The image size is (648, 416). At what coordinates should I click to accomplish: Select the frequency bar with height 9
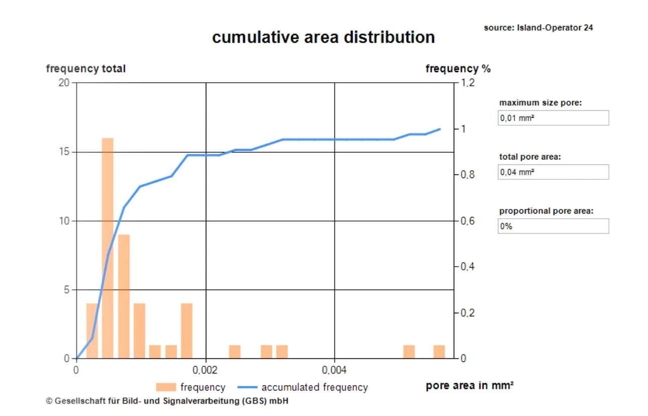(123, 296)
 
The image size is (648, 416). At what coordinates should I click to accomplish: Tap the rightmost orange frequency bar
(439, 352)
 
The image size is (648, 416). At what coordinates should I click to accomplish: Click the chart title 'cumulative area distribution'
(323, 38)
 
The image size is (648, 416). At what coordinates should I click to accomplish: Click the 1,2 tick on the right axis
(467, 83)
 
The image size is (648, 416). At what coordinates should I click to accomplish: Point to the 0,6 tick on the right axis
(467, 221)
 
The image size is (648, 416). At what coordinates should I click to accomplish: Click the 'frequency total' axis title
(86, 69)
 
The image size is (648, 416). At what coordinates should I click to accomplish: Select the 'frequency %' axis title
(458, 69)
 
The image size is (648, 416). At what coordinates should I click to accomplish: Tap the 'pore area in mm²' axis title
(469, 386)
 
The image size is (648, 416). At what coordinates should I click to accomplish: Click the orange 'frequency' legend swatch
(166, 387)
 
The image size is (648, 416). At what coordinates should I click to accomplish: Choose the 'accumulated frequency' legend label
(314, 387)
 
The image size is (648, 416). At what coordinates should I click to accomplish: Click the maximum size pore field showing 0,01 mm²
(553, 118)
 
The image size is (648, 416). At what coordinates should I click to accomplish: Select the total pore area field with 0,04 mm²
(553, 172)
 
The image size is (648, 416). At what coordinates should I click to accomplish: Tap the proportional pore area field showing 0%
(553, 226)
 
